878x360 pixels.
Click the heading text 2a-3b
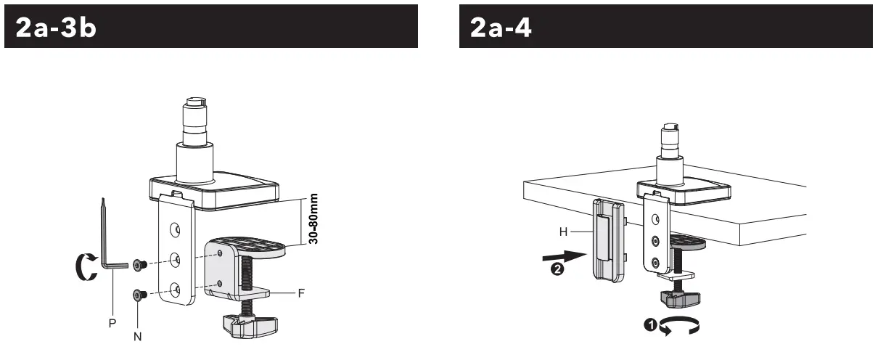(x=56, y=28)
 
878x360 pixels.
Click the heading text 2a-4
(x=501, y=28)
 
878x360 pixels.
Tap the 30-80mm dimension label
(x=313, y=218)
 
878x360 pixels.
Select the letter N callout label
(x=138, y=337)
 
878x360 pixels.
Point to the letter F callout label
(x=300, y=294)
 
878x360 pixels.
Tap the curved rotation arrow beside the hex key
(x=86, y=266)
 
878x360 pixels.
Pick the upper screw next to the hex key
(x=140, y=263)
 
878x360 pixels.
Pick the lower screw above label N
(x=140, y=294)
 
